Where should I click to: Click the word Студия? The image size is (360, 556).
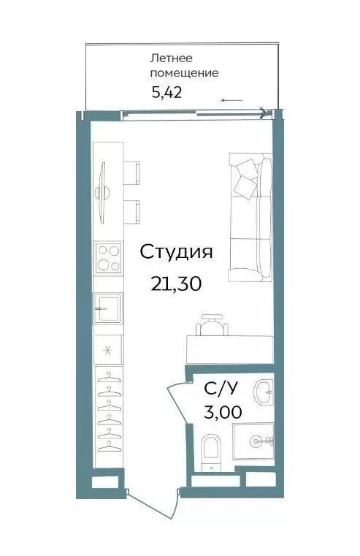(x=176, y=253)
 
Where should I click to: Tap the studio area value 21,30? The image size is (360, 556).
(x=176, y=283)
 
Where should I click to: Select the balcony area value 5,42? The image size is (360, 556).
(x=166, y=93)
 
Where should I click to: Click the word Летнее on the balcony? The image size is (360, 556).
(x=172, y=58)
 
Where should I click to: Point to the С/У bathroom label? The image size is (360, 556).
(x=220, y=389)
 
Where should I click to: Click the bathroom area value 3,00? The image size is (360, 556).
(x=223, y=412)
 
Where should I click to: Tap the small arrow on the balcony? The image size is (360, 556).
(x=231, y=100)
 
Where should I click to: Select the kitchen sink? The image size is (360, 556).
(x=108, y=308)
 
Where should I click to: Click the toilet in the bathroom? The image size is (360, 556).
(x=211, y=453)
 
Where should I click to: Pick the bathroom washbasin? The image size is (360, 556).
(x=264, y=392)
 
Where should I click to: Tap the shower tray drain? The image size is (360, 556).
(x=255, y=441)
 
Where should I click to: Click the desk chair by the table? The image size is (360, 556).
(x=212, y=324)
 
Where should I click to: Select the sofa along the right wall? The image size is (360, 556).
(x=251, y=218)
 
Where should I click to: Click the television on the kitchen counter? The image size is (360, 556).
(x=103, y=193)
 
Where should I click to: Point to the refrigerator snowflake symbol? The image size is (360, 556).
(x=107, y=351)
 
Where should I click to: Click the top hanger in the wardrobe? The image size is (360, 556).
(x=110, y=376)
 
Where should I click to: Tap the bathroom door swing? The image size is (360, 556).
(x=179, y=402)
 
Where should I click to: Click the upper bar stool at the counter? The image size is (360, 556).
(x=131, y=172)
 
